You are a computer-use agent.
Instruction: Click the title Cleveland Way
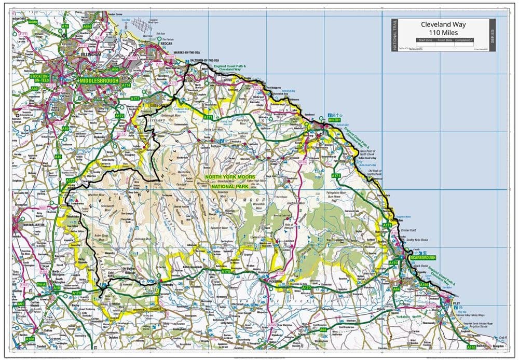coord(443,24)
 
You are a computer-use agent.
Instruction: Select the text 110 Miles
coord(443,33)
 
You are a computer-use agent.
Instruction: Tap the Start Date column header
coord(425,40)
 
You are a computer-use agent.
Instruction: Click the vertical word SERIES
coord(492,35)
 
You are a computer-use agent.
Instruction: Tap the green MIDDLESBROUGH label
coord(99,81)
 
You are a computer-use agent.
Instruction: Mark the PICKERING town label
coord(272,280)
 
